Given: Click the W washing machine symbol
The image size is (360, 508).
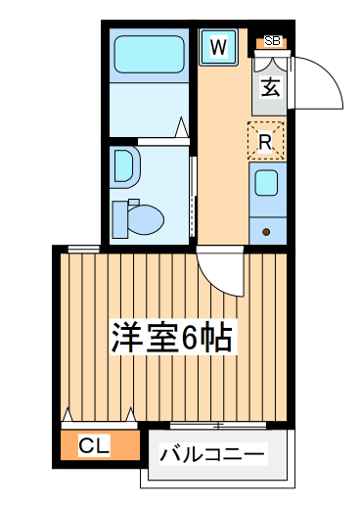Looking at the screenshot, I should tap(218, 46).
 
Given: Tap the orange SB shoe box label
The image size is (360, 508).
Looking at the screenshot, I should tap(272, 41).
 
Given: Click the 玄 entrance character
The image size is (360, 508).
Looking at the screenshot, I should tap(271, 85).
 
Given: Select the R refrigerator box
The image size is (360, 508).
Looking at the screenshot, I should tap(265, 141).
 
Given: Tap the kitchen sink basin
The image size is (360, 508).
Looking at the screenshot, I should tap(266, 183).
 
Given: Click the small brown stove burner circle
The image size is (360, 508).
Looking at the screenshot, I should tap(267, 231).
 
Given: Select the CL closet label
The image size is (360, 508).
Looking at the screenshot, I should tap(94, 446).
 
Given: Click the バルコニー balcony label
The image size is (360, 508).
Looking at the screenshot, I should tap(212, 455).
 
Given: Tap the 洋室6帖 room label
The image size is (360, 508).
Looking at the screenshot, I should tap(170, 339).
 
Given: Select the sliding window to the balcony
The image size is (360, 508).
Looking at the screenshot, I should tap(217, 424).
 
